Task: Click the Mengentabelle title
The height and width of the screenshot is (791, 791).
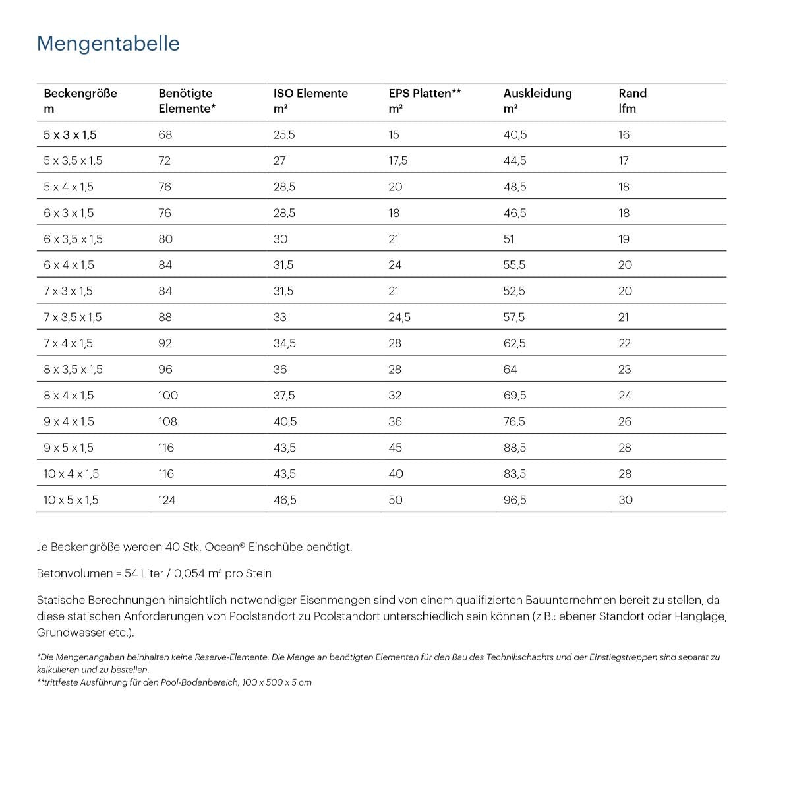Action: coord(108,44)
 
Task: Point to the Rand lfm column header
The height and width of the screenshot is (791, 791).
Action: coord(632,100)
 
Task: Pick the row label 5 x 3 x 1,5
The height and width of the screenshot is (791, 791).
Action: coord(70,135)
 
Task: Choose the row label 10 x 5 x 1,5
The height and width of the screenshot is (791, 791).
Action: coord(71,500)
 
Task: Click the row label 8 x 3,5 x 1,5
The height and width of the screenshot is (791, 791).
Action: coord(73,370)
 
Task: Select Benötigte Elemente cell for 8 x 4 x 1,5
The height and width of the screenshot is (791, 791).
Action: coord(168,395)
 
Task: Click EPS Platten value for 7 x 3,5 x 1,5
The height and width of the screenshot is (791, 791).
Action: coord(399,318)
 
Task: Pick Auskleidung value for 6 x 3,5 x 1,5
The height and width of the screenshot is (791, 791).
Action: coord(508,239)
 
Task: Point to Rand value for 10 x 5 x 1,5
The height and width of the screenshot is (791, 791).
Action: coord(625,500)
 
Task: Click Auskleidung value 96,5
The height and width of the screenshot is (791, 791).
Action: coord(515,500)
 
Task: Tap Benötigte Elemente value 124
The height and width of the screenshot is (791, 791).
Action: coord(167,500)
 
